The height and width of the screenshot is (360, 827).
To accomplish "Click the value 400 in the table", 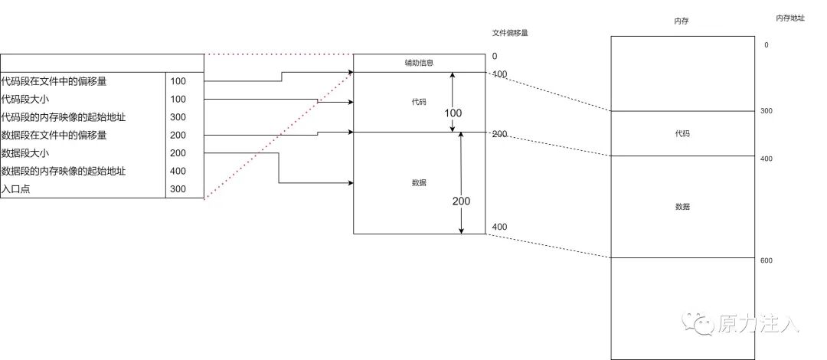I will point(178,171).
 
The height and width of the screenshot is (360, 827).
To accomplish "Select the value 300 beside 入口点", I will point(178,189).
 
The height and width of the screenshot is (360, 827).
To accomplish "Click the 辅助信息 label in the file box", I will point(419,63).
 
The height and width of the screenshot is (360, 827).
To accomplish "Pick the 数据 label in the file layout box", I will point(419,183).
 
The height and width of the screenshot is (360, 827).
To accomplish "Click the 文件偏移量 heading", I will point(510,34).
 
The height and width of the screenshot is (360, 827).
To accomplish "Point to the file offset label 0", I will point(495,57).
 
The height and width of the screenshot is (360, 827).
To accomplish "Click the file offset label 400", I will point(499,227).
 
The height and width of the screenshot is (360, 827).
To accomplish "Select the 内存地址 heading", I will point(790,18).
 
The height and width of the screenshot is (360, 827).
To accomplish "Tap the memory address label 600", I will point(767,260).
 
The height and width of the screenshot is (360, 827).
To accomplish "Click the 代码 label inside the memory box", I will point(682,133).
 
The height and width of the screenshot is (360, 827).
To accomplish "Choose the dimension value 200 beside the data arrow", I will point(461,201).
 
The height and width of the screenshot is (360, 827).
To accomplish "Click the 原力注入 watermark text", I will point(758,324).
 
